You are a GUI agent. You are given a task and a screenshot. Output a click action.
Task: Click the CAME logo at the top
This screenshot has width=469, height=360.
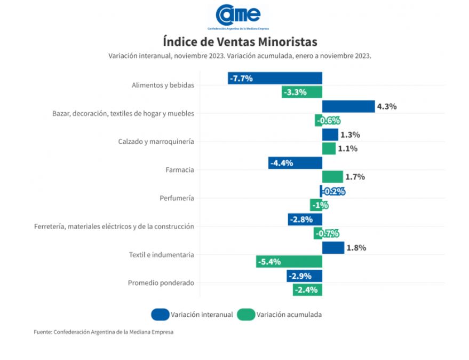coord(238,16)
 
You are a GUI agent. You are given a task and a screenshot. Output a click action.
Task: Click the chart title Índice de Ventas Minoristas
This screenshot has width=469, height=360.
coord(240,41)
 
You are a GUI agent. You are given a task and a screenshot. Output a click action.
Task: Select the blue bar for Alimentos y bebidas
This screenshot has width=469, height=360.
coord(275,78)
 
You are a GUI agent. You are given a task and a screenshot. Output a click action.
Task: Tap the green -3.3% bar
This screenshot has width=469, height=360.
coord(301,92)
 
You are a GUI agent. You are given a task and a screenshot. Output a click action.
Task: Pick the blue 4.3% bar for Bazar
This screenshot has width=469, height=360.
coord(348,106)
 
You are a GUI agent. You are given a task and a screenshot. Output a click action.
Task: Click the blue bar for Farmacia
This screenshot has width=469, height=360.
coord(295,163)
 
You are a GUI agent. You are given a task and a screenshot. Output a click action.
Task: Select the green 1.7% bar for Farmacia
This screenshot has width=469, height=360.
coord(332,177)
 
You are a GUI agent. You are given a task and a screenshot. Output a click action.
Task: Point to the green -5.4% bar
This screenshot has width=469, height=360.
coord(289,262)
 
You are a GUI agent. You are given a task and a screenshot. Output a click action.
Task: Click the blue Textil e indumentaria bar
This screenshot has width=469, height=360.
coord(333,248)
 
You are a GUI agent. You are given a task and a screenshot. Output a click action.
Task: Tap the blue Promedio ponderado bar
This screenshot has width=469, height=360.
coord(304,276)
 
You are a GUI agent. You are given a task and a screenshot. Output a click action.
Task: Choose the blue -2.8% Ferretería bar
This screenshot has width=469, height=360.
coord(305,220)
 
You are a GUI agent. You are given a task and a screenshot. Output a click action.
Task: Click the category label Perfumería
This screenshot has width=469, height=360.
coord(177,198)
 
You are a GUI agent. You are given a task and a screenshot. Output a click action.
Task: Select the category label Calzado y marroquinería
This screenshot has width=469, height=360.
coord(156,142)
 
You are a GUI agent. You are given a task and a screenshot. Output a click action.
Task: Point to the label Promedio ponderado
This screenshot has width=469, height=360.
coord(161,283)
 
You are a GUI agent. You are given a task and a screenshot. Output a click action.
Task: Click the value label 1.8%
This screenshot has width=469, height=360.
coord(356,248)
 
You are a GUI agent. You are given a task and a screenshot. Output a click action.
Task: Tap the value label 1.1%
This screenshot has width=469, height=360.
coord(347,148)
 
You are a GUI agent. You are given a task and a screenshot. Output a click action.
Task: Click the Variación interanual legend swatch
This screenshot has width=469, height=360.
coord(160,315)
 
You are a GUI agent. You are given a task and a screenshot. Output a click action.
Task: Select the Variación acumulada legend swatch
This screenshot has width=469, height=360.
coord(246,315)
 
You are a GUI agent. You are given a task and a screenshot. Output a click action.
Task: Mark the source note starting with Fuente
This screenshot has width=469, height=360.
coord(104,332)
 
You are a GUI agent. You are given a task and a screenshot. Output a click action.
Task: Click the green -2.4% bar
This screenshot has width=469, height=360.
coord(307,290)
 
